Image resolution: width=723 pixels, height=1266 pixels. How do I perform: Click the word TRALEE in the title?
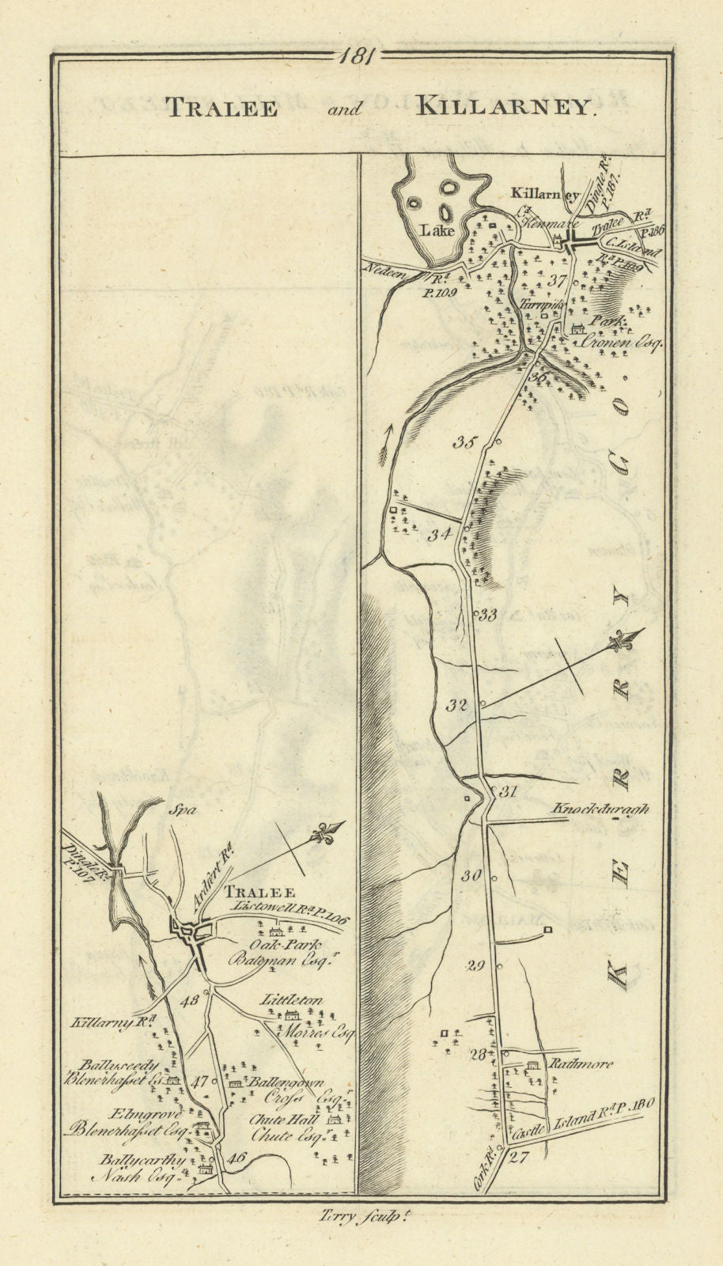pos(221,108)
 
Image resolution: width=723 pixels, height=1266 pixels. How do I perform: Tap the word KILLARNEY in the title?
pos(504,108)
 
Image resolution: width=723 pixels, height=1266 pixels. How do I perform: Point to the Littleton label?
pos(292,1001)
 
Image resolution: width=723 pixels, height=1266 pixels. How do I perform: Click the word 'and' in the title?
pos(346,110)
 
